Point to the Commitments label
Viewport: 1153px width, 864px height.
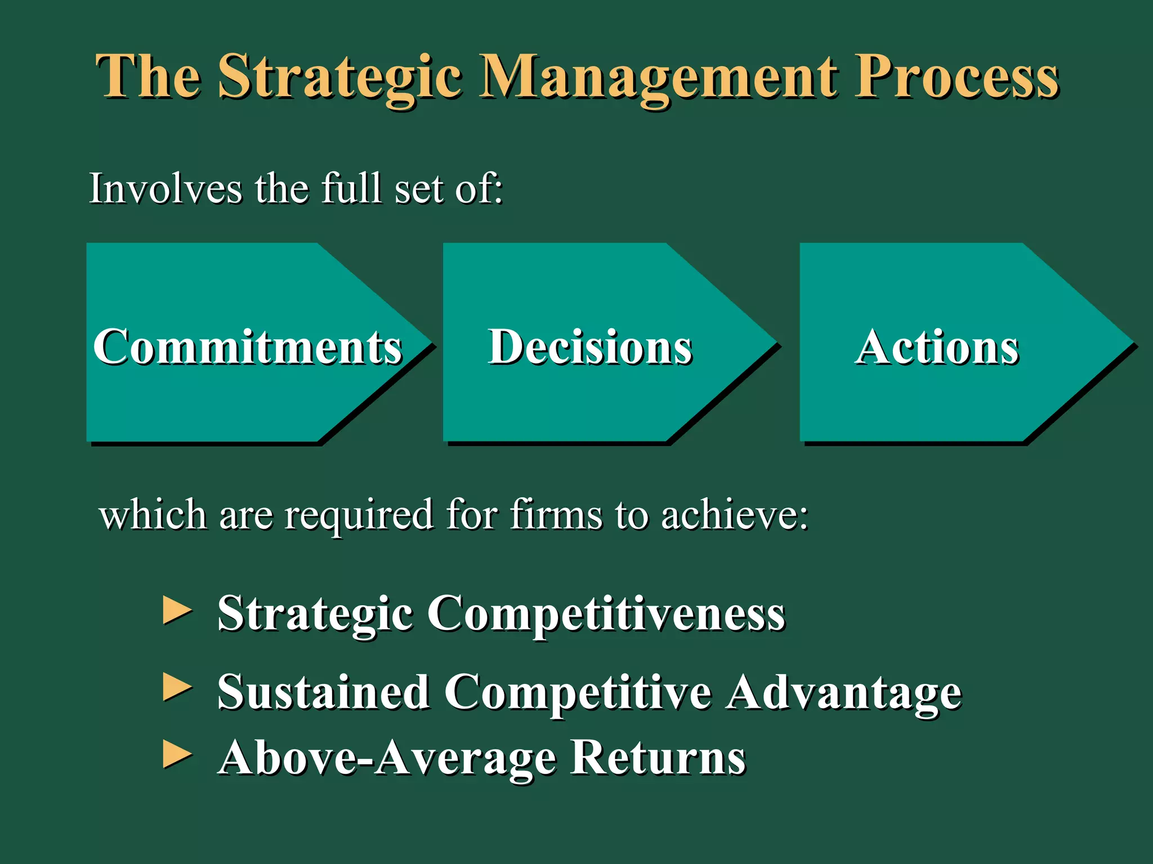[x=247, y=347]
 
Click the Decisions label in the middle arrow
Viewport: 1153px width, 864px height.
[x=589, y=347]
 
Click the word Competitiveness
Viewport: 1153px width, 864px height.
[x=606, y=614]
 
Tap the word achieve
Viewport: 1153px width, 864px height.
[x=734, y=515]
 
